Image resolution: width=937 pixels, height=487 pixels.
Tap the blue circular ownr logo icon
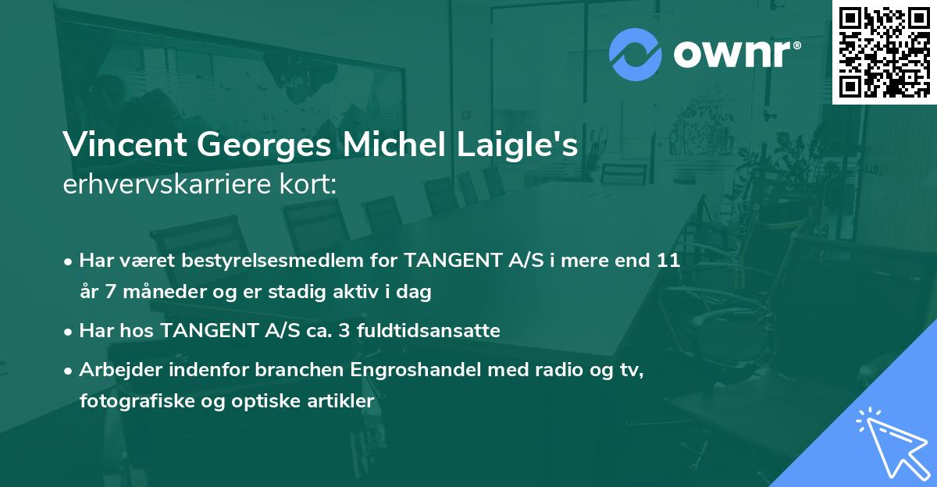pos(635,54)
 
